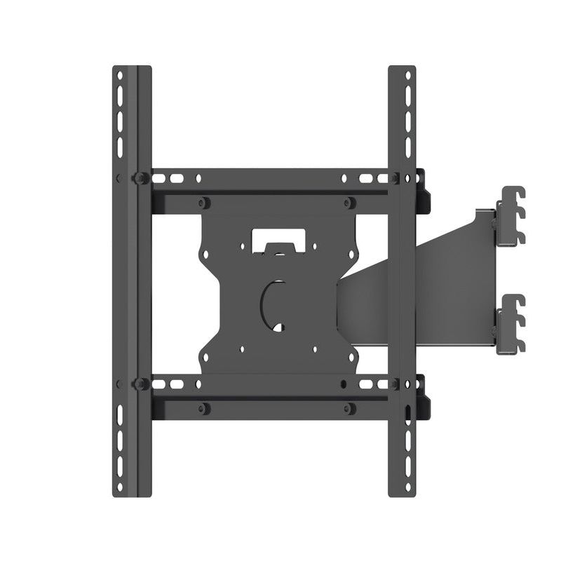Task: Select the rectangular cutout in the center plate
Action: click(276, 236)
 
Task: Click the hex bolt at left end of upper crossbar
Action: click(140, 177)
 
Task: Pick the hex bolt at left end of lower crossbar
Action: click(140, 384)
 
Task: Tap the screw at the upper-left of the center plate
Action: click(203, 203)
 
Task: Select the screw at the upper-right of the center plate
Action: click(349, 203)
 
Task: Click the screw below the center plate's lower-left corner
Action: click(203, 407)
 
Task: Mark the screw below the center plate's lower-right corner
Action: click(349, 407)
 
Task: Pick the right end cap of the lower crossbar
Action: click(424, 396)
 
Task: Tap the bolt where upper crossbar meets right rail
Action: click(396, 178)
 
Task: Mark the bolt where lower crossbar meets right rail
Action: click(396, 384)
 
